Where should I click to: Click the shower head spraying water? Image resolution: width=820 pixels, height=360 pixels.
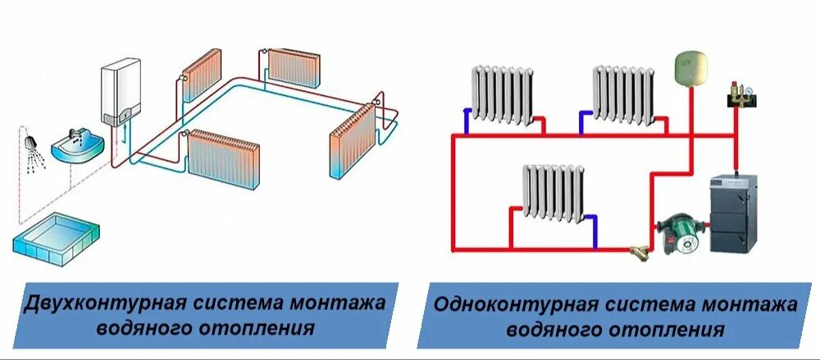[x=30, y=141]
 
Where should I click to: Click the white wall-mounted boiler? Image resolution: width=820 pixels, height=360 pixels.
[x=118, y=94]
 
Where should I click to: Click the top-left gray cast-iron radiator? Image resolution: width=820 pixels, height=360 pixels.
[x=502, y=96]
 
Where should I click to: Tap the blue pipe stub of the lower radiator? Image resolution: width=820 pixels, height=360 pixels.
[x=594, y=232]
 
